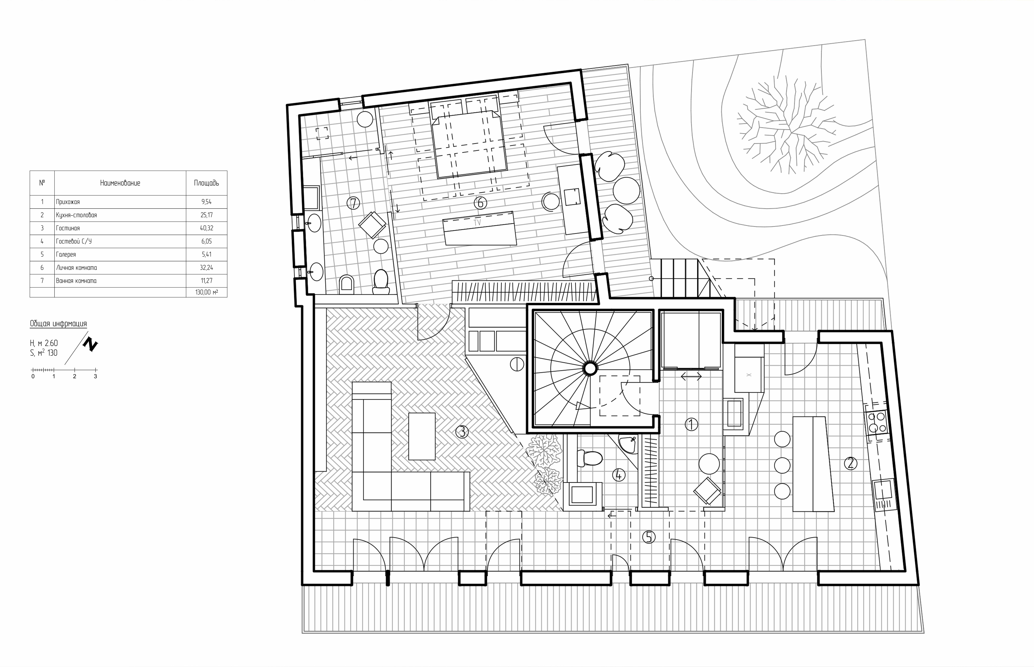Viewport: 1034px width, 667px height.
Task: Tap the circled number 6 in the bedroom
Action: (480, 202)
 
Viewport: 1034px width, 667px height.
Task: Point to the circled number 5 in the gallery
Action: (649, 537)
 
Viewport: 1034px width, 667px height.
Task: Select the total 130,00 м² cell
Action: (207, 292)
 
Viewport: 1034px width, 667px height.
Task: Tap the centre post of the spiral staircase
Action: (590, 369)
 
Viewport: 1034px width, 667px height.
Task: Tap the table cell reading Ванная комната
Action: (76, 281)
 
